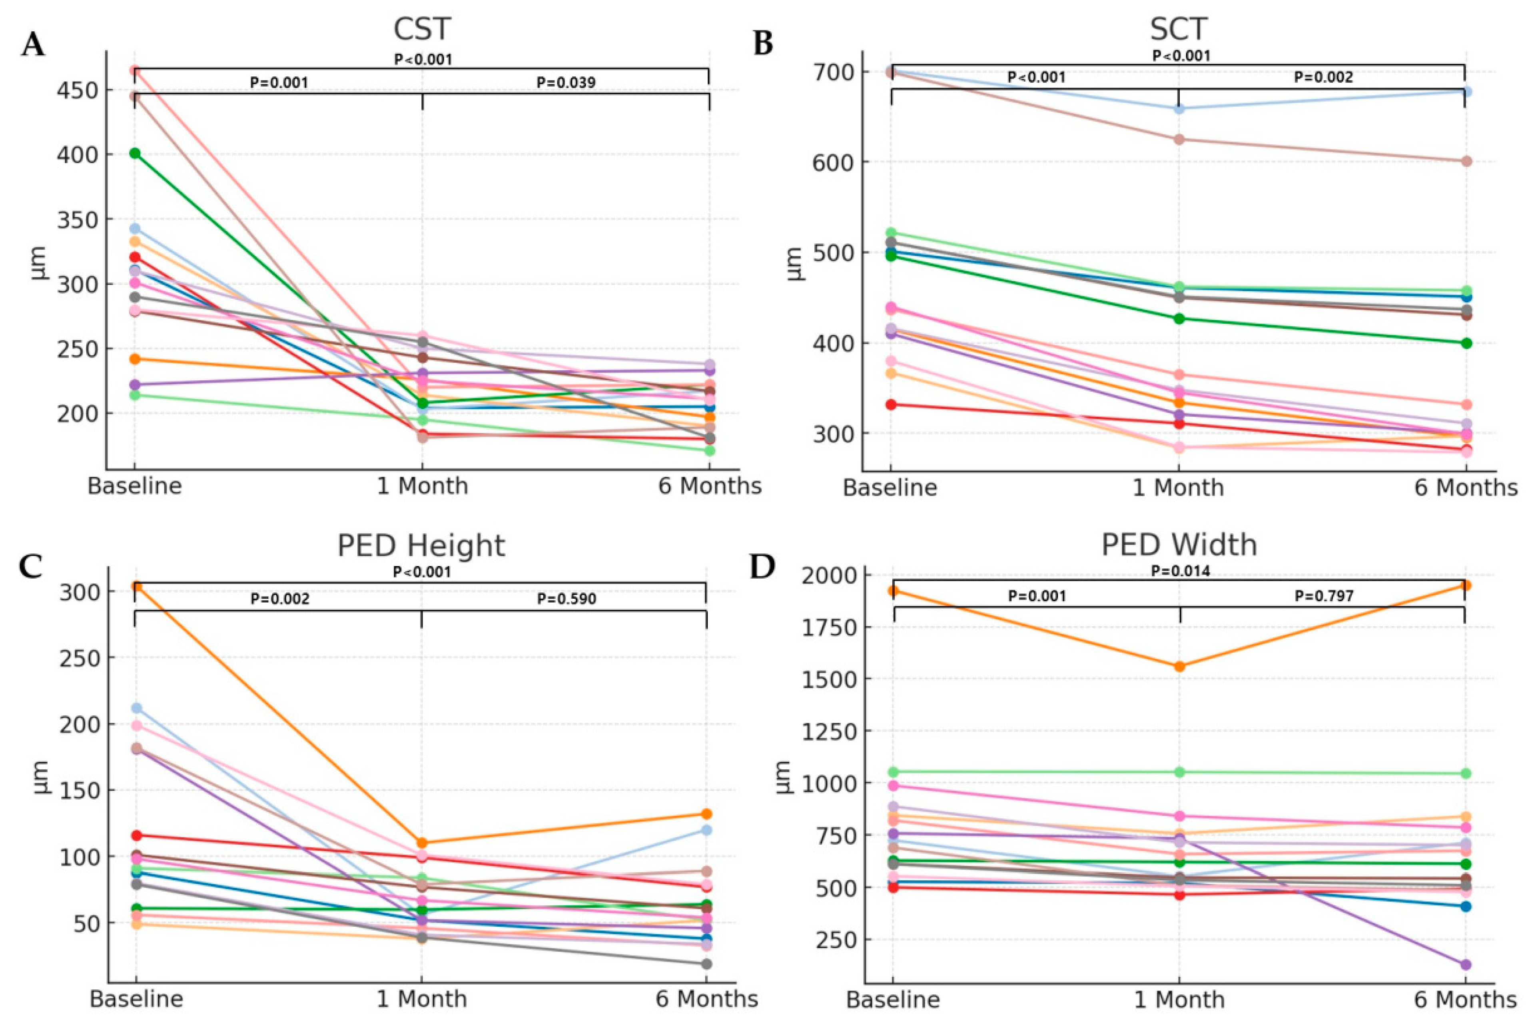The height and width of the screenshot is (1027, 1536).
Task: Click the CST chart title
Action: [422, 30]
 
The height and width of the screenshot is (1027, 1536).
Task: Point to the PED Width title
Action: [1179, 545]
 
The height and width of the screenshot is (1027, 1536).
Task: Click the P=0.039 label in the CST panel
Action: [566, 82]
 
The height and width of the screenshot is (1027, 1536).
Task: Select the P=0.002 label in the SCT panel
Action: [1323, 77]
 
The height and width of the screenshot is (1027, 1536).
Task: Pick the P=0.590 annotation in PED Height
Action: [567, 599]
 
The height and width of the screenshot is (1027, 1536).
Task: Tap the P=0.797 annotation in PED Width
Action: [1324, 596]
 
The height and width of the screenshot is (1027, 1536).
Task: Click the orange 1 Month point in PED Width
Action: [1180, 667]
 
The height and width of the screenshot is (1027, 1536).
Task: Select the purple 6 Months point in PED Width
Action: [1465, 965]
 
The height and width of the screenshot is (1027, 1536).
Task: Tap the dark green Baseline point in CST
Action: [135, 153]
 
